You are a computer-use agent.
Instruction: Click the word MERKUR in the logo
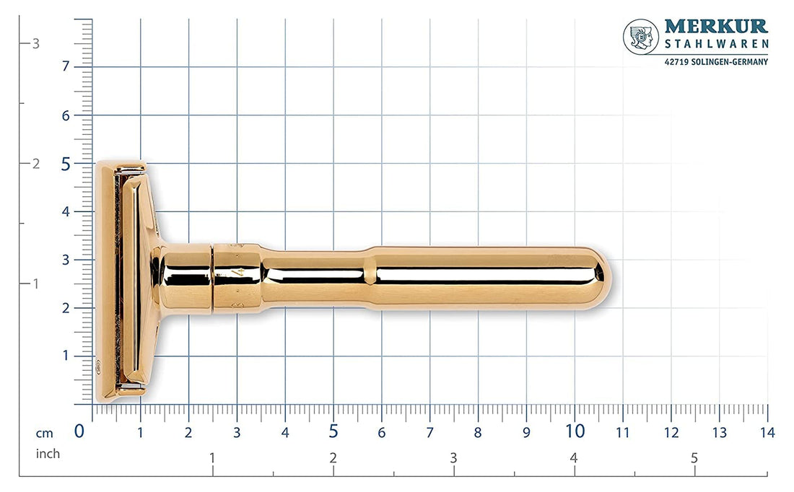pyautogui.click(x=715, y=27)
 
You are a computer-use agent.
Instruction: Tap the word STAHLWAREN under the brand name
pyautogui.click(x=715, y=45)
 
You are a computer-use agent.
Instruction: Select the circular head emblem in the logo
pyautogui.click(x=640, y=36)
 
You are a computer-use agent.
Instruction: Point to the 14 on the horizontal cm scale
pyautogui.click(x=767, y=433)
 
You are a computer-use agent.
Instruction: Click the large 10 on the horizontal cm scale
pyautogui.click(x=575, y=431)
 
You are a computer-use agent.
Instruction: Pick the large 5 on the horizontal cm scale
pyautogui.click(x=333, y=431)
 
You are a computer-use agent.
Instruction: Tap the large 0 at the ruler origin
pyautogui.click(x=80, y=431)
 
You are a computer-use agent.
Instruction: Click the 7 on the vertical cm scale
pyautogui.click(x=66, y=66)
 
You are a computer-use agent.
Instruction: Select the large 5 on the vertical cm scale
pyautogui.click(x=66, y=164)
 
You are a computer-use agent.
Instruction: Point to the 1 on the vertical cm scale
pyautogui.click(x=66, y=356)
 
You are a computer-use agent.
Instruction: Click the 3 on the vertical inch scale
pyautogui.click(x=35, y=43)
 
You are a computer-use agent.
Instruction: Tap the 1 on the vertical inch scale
pyautogui.click(x=35, y=284)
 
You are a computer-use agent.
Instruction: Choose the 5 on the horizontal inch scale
pyautogui.click(x=694, y=458)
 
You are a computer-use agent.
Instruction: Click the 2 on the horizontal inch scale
pyautogui.click(x=333, y=458)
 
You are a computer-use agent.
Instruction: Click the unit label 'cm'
pyautogui.click(x=45, y=433)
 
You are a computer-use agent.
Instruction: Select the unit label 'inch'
pyautogui.click(x=48, y=454)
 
